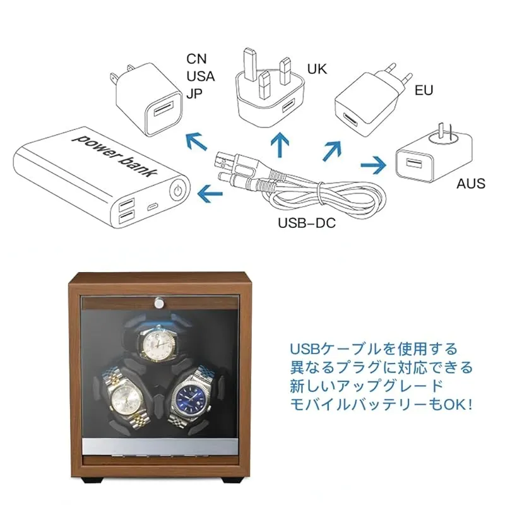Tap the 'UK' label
[317, 69]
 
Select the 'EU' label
[424, 90]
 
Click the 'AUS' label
[471, 184]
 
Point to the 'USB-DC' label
[307, 223]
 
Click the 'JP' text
[194, 93]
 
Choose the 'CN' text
[196, 59]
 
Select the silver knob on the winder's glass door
[158, 302]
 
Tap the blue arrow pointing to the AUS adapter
[373, 165]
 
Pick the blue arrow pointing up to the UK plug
[280, 145]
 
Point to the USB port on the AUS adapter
[413, 163]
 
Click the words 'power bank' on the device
[116, 155]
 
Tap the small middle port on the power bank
[153, 207]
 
